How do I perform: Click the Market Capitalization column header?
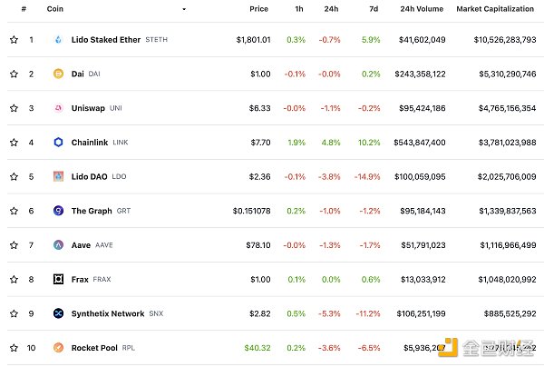click(495, 8)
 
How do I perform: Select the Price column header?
click(258, 8)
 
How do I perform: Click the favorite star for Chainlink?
click(14, 143)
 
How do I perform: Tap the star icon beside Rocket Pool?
click(14, 347)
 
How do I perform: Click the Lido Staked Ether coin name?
click(105, 40)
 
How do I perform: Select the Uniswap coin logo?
click(59, 108)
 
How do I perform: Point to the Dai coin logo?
click(59, 74)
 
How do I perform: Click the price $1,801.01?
click(253, 40)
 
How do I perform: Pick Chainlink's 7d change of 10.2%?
click(370, 143)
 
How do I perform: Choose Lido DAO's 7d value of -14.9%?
click(368, 176)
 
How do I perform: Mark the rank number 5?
click(31, 176)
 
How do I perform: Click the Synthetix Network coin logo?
click(59, 313)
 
